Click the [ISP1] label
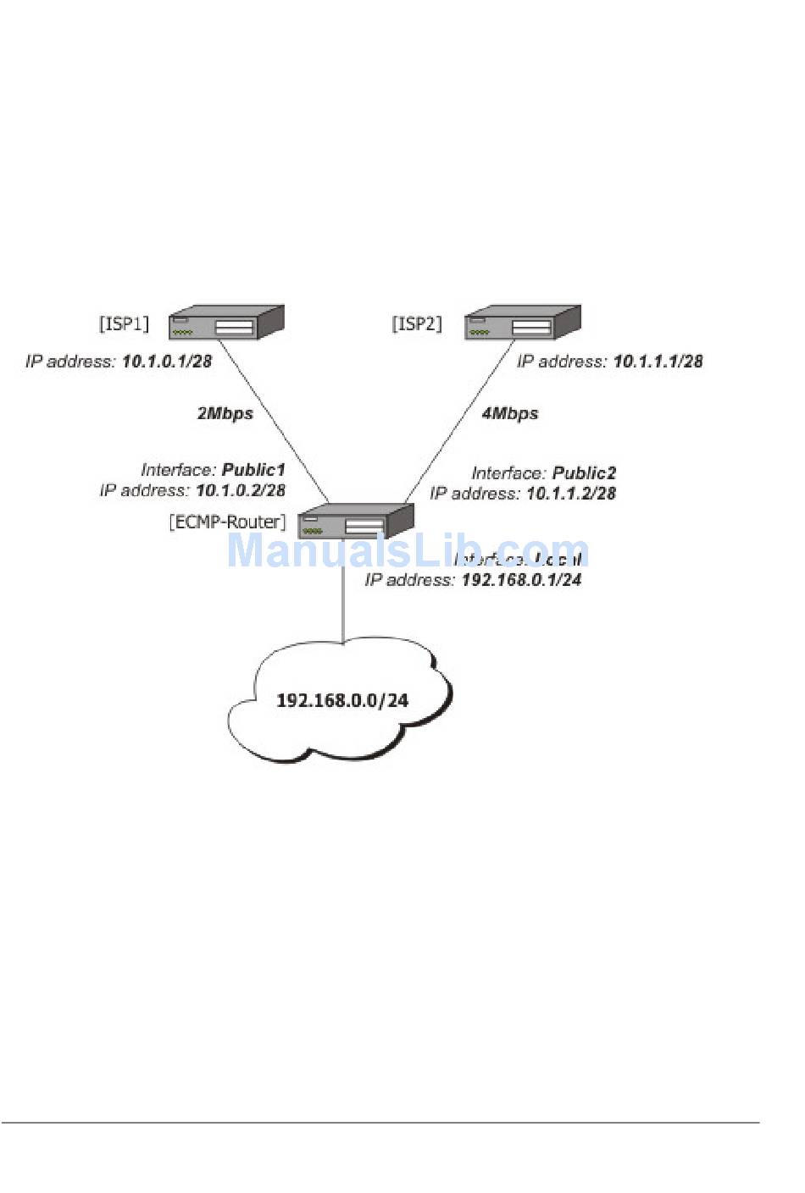click(x=124, y=323)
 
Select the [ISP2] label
click(x=417, y=323)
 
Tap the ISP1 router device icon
click(x=225, y=323)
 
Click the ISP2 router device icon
click(x=523, y=323)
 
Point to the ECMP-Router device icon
click(x=356, y=521)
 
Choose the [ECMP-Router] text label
click(x=227, y=522)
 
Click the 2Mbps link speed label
click(x=225, y=413)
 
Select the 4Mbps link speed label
click(x=510, y=413)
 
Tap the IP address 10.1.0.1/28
click(x=167, y=362)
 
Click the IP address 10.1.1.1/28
click(x=658, y=362)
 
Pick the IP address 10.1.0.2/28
click(x=241, y=490)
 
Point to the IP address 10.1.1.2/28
click(x=571, y=494)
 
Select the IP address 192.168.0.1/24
click(x=521, y=580)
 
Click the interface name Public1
click(x=253, y=470)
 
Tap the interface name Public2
click(x=584, y=473)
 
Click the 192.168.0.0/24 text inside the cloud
click(x=342, y=700)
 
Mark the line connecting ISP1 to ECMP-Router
click(x=275, y=423)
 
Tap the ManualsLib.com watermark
click(x=407, y=551)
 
